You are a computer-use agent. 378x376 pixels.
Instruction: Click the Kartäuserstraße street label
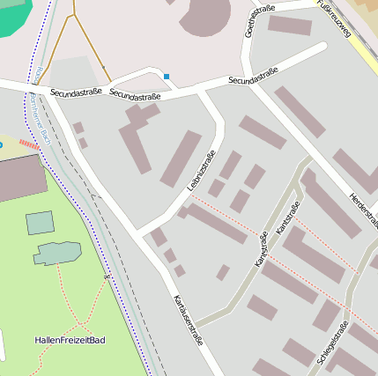pos(189,319)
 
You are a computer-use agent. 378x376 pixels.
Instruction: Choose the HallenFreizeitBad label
pos(70,340)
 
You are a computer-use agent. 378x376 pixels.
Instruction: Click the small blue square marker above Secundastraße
pos(166,77)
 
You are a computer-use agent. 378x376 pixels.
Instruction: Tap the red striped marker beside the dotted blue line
pos(28,144)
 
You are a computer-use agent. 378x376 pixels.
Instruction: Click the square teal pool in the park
pos(40,223)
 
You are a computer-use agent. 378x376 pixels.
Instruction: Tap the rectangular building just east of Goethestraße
pos(289,26)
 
